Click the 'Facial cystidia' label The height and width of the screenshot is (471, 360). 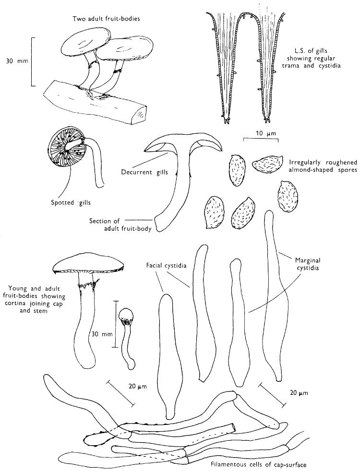(x=167, y=265)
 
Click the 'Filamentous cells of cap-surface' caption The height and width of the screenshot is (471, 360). (x=259, y=464)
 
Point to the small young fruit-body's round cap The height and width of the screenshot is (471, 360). (x=127, y=315)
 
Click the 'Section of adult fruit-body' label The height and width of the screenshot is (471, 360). (x=121, y=225)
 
